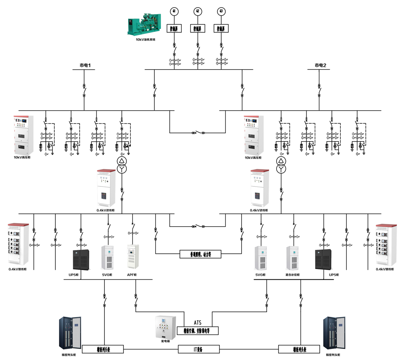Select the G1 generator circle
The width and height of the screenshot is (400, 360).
coord(174,11)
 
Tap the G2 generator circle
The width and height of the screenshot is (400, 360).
coord(198,11)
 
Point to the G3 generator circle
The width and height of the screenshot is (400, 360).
coord(221,11)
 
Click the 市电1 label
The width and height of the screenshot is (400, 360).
coord(85,65)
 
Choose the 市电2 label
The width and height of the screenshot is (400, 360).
coord(320,65)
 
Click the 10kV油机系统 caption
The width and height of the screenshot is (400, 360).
coord(145,39)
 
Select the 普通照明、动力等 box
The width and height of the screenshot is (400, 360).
coord(201,254)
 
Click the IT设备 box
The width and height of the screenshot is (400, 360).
coord(198,349)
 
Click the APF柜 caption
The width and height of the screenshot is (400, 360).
coord(132,275)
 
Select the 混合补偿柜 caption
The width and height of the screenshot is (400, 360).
coord(293,275)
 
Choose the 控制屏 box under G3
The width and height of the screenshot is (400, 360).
coord(221,28)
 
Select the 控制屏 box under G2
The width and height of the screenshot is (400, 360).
coord(198,28)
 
